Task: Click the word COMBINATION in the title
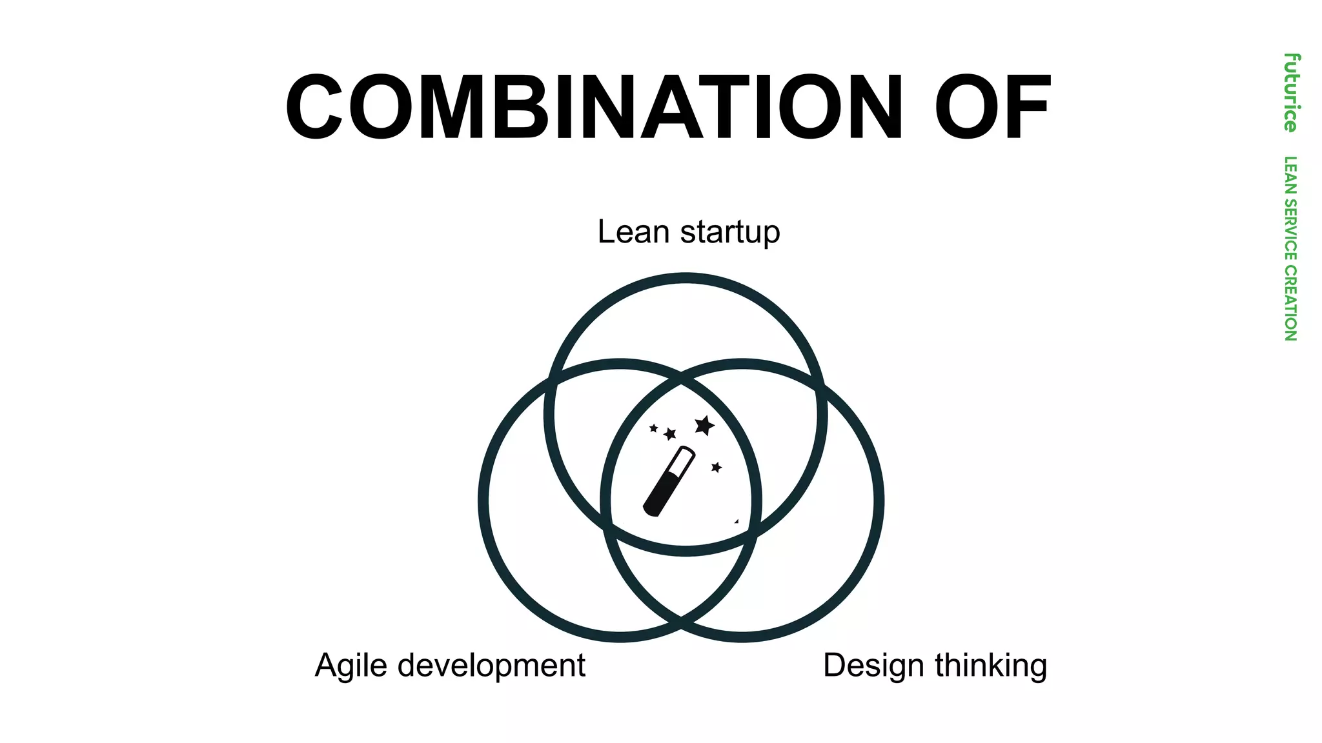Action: pyautogui.click(x=593, y=107)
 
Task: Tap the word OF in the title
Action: pyautogui.click(x=992, y=107)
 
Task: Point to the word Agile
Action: pyautogui.click(x=351, y=666)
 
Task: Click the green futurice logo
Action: pyautogui.click(x=1290, y=93)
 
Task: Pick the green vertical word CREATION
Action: pyautogui.click(x=1290, y=303)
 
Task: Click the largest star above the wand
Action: pyautogui.click(x=704, y=426)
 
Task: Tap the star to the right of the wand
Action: pyautogui.click(x=716, y=467)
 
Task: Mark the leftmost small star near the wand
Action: pyautogui.click(x=653, y=428)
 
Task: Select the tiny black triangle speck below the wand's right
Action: pyautogui.click(x=737, y=521)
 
